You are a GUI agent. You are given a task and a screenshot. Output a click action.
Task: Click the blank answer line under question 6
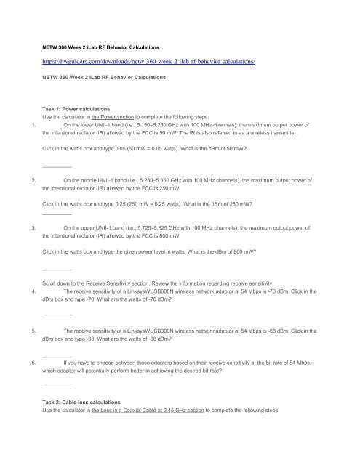57,388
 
